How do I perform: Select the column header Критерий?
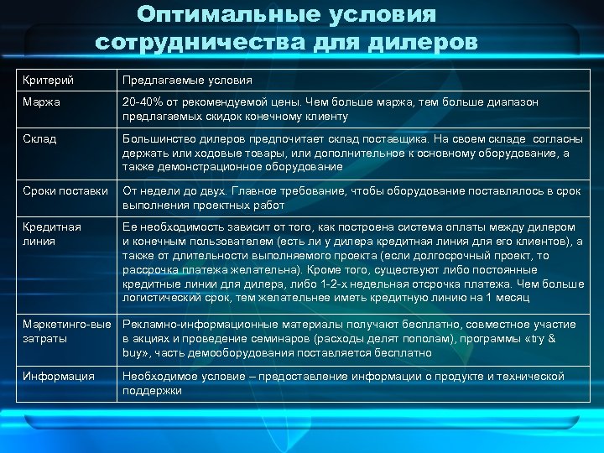pyautogui.click(x=48, y=81)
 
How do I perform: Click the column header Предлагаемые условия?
pyautogui.click(x=187, y=81)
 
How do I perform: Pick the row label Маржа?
pyautogui.click(x=41, y=102)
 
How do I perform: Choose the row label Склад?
pyautogui.click(x=39, y=138)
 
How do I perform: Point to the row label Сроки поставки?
pyautogui.click(x=65, y=190)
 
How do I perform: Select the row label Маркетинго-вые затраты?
pyautogui.click(x=65, y=331)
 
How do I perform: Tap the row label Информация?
pyautogui.click(x=58, y=376)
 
